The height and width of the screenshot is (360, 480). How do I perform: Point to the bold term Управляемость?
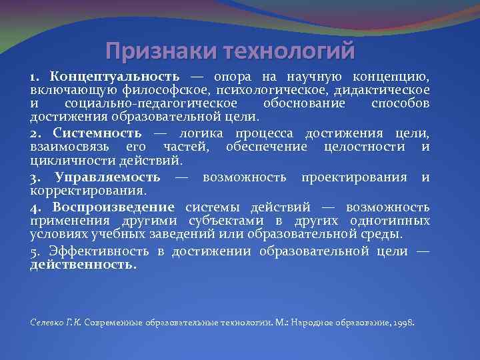point(108,177)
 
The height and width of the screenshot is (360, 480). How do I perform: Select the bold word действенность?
point(83,264)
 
